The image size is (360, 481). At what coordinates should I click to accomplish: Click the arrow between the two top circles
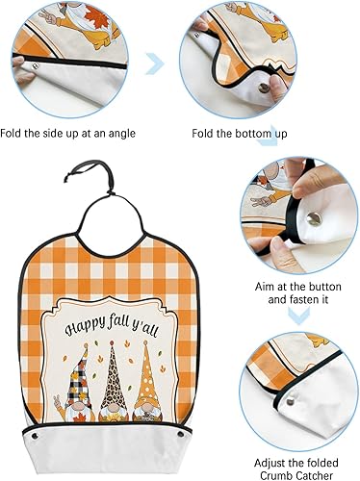pos(153,65)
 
